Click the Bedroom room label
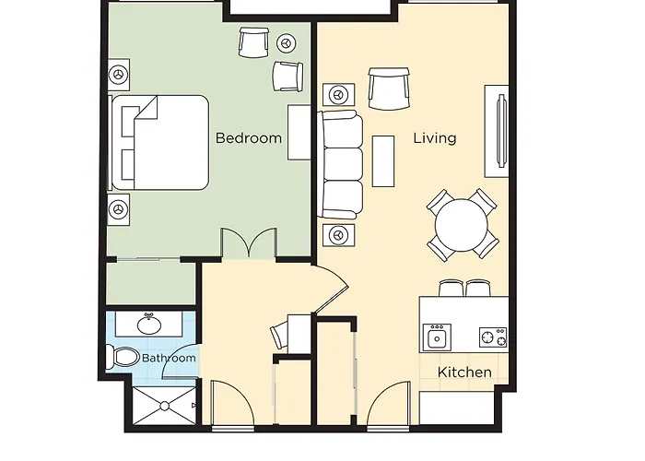point(248,138)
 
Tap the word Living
point(434,138)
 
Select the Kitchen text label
point(463,372)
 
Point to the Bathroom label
point(168,358)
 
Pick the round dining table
point(462,224)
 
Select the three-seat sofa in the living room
point(340,165)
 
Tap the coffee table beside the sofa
point(383,160)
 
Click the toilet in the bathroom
point(122,356)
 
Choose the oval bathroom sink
point(150,325)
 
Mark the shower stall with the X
point(166,405)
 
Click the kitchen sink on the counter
point(435,337)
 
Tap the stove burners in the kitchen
point(492,337)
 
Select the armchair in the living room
point(386,89)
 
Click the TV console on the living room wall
point(498,130)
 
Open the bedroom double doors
point(248,244)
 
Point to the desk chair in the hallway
point(280,335)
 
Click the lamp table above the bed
point(118,74)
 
